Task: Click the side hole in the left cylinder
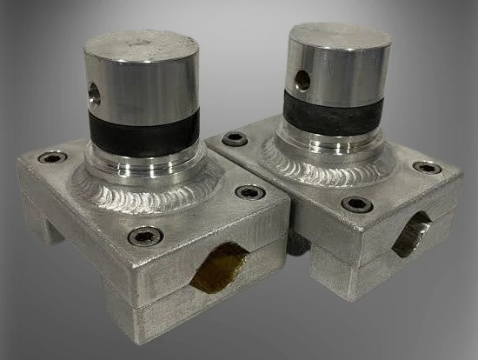[95, 93]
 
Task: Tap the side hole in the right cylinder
[302, 81]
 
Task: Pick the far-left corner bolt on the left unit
[52, 158]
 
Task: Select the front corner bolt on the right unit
[357, 204]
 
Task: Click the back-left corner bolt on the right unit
[234, 138]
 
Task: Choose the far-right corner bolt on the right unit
[427, 167]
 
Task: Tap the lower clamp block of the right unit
[365, 261]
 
